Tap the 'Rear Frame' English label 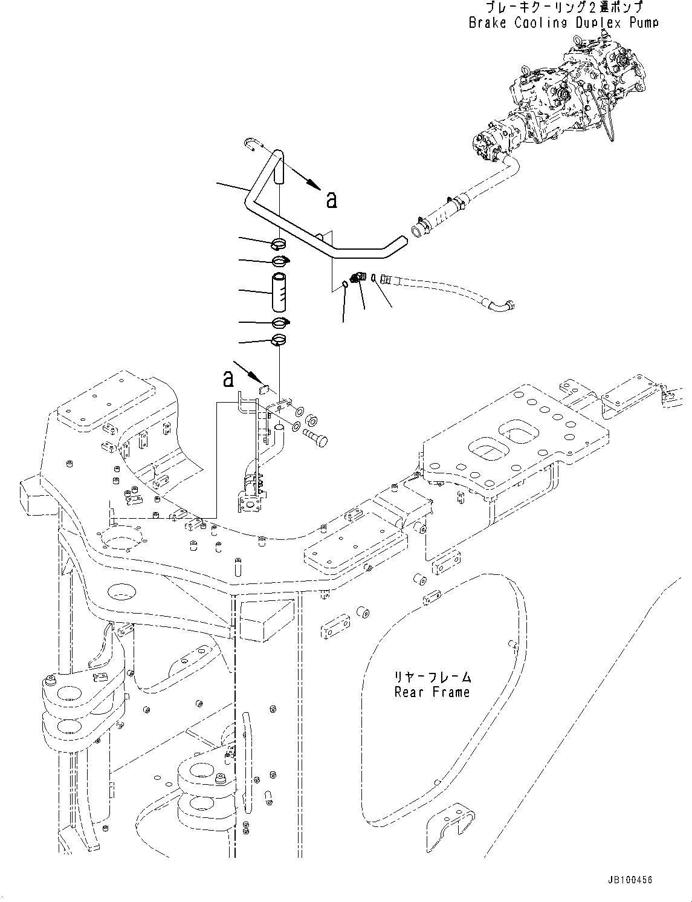coord(432,692)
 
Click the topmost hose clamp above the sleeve coord(279,244)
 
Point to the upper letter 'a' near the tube coord(331,200)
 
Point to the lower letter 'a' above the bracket coord(228,379)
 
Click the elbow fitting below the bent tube coord(358,277)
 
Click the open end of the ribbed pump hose coord(418,230)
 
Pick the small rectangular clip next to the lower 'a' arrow coord(264,390)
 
